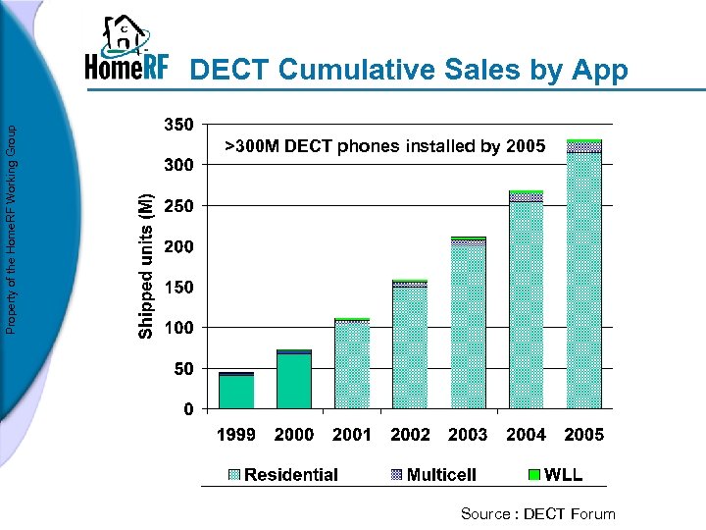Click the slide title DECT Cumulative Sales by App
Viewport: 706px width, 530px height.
[x=408, y=70]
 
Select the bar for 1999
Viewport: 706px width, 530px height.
[x=236, y=391]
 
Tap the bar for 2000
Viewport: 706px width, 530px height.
[x=294, y=379]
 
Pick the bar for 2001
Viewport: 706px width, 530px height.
[x=352, y=363]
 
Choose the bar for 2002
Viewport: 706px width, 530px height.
[x=410, y=344]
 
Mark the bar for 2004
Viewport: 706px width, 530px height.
[x=527, y=299]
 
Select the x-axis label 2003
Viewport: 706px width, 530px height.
[x=468, y=435]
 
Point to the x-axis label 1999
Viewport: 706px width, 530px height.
[x=236, y=435]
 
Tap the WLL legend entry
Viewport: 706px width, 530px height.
[x=555, y=475]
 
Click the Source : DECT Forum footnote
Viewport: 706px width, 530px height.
[x=538, y=513]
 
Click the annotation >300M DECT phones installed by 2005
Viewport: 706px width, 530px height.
[x=385, y=147]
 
